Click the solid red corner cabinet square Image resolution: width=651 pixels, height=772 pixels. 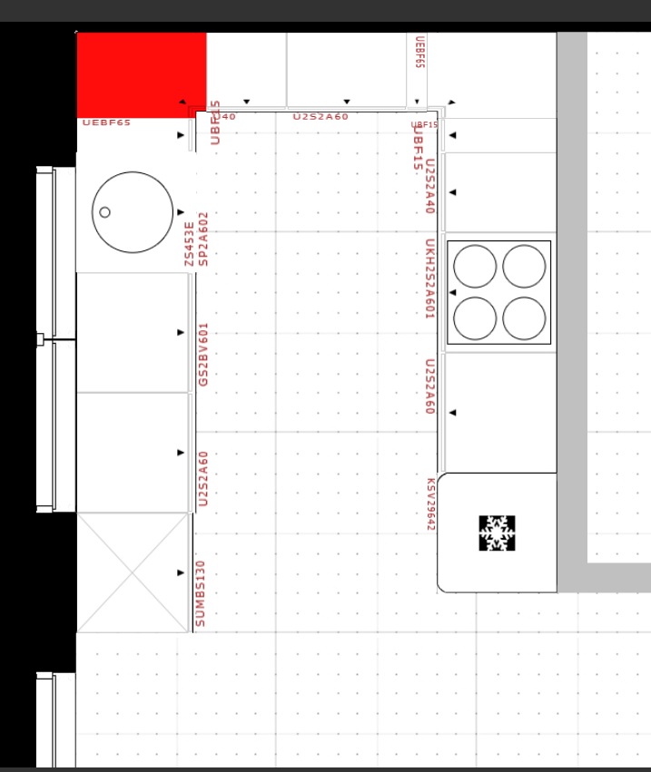coord(141,74)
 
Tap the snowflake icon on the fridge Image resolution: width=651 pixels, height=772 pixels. coord(497,533)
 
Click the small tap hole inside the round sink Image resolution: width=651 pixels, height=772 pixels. coord(105,212)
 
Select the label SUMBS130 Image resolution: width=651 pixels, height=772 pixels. coord(201,592)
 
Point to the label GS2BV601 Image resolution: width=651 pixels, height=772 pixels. coord(203,355)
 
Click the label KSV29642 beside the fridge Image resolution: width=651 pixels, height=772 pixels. coord(431,504)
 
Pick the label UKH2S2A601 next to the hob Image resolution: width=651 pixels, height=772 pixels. coord(430,279)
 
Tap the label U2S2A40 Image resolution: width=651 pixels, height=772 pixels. coord(430,186)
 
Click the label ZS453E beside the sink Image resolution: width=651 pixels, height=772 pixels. coord(189,243)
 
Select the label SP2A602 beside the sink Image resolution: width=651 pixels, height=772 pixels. coord(203,239)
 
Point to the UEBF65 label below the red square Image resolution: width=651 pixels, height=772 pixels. coord(106,122)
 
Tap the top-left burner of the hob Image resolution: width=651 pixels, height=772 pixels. coord(475,266)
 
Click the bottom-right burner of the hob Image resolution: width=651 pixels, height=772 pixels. coord(524,318)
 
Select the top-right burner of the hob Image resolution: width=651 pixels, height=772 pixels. coord(524,266)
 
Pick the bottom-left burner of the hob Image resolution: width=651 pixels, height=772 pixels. coord(475,318)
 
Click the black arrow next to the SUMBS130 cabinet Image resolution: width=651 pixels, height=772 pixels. coord(181,572)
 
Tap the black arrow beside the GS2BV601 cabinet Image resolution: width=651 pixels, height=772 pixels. coord(181,332)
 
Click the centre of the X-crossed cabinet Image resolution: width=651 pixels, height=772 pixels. coord(132,572)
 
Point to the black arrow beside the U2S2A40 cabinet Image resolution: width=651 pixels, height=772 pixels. coord(452,192)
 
